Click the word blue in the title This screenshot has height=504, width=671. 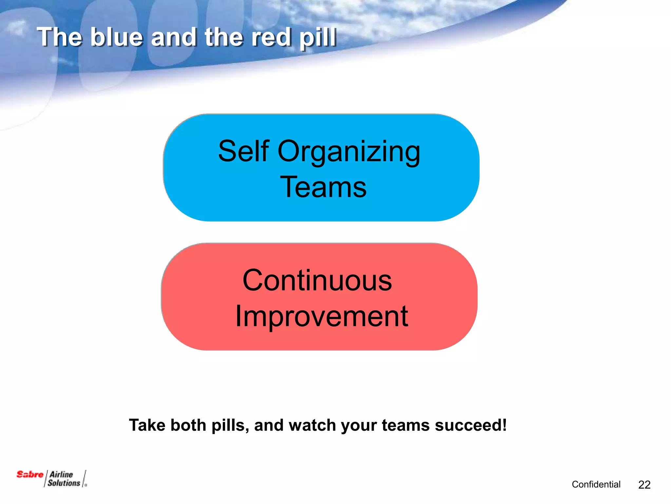pyautogui.click(x=117, y=37)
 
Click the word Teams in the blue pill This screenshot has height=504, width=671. pyautogui.click(x=323, y=187)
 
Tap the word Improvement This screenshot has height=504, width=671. pyautogui.click(x=321, y=316)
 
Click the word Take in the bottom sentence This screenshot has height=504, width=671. pyautogui.click(x=147, y=425)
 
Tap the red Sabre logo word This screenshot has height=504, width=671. pyautogui.click(x=30, y=474)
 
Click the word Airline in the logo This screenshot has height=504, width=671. pyautogui.click(x=61, y=474)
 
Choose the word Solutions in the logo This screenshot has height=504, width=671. pyautogui.click(x=64, y=483)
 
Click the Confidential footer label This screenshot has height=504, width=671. pyautogui.click(x=596, y=484)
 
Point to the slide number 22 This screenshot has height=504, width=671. pyautogui.click(x=644, y=485)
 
